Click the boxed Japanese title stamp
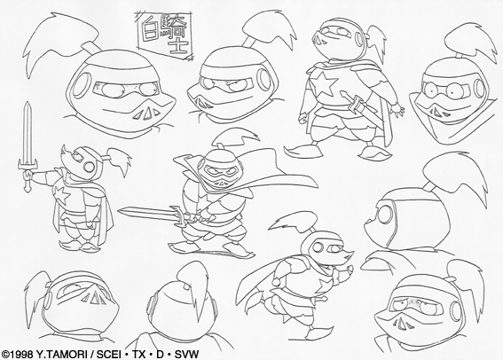click(165, 35)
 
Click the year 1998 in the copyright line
click(21, 354)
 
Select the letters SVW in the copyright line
click(186, 354)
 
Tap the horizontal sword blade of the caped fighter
click(146, 213)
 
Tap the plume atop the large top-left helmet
click(59, 42)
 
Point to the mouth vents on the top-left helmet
click(146, 113)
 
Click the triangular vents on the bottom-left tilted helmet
click(94, 298)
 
